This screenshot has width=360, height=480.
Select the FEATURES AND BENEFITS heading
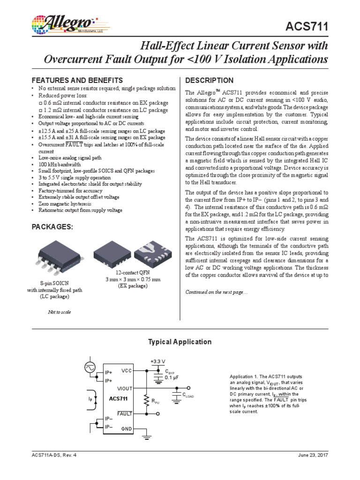77,80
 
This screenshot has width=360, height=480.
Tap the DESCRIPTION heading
210,80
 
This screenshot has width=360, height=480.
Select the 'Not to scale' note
60,312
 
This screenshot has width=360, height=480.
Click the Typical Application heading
180,342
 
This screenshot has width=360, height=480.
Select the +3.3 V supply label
157,361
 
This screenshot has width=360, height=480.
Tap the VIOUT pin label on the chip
124,388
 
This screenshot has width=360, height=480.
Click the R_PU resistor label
156,401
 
